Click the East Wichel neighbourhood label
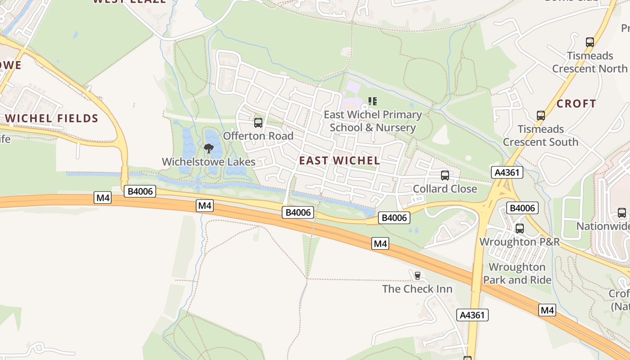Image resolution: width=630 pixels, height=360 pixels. click(x=339, y=161)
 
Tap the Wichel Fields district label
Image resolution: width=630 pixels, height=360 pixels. click(x=52, y=119)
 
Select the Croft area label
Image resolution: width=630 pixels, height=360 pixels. click(x=576, y=103)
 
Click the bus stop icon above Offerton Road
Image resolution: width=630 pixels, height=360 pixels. click(x=258, y=122)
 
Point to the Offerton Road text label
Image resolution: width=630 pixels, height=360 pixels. click(x=258, y=136)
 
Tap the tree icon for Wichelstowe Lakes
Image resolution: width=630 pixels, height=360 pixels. click(x=208, y=148)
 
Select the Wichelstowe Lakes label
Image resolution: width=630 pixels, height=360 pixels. click(x=208, y=162)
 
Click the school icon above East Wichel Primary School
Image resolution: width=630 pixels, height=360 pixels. click(x=373, y=101)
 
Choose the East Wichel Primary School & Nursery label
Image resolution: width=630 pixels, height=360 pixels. click(x=373, y=121)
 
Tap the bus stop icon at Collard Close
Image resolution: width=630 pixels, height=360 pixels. click(x=445, y=175)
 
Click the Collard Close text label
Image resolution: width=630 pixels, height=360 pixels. click(x=445, y=189)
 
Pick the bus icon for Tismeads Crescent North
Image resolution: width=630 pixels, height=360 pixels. click(x=589, y=42)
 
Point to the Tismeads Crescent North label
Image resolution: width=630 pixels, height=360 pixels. click(x=589, y=62)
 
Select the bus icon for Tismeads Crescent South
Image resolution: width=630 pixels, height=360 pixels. click(x=540, y=116)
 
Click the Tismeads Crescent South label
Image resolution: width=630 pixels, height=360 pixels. click(x=540, y=135)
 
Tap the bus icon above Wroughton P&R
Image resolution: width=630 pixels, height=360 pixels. click(x=520, y=229)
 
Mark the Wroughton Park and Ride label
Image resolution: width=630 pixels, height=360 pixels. click(x=517, y=274)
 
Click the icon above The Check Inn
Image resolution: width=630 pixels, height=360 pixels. click(x=417, y=275)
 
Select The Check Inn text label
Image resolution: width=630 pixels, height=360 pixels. click(x=417, y=289)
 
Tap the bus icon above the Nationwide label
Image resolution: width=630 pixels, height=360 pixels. click(x=621, y=213)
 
